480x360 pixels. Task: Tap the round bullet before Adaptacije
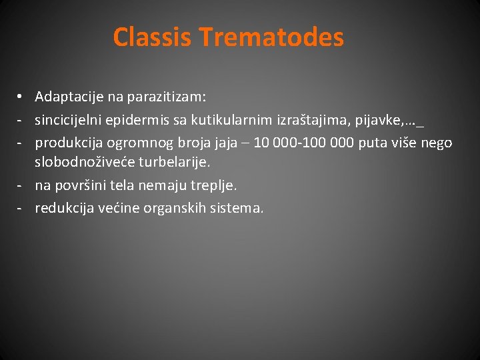coord(21,97)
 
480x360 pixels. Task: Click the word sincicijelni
coord(68,120)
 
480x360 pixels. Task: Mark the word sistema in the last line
coord(237,208)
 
